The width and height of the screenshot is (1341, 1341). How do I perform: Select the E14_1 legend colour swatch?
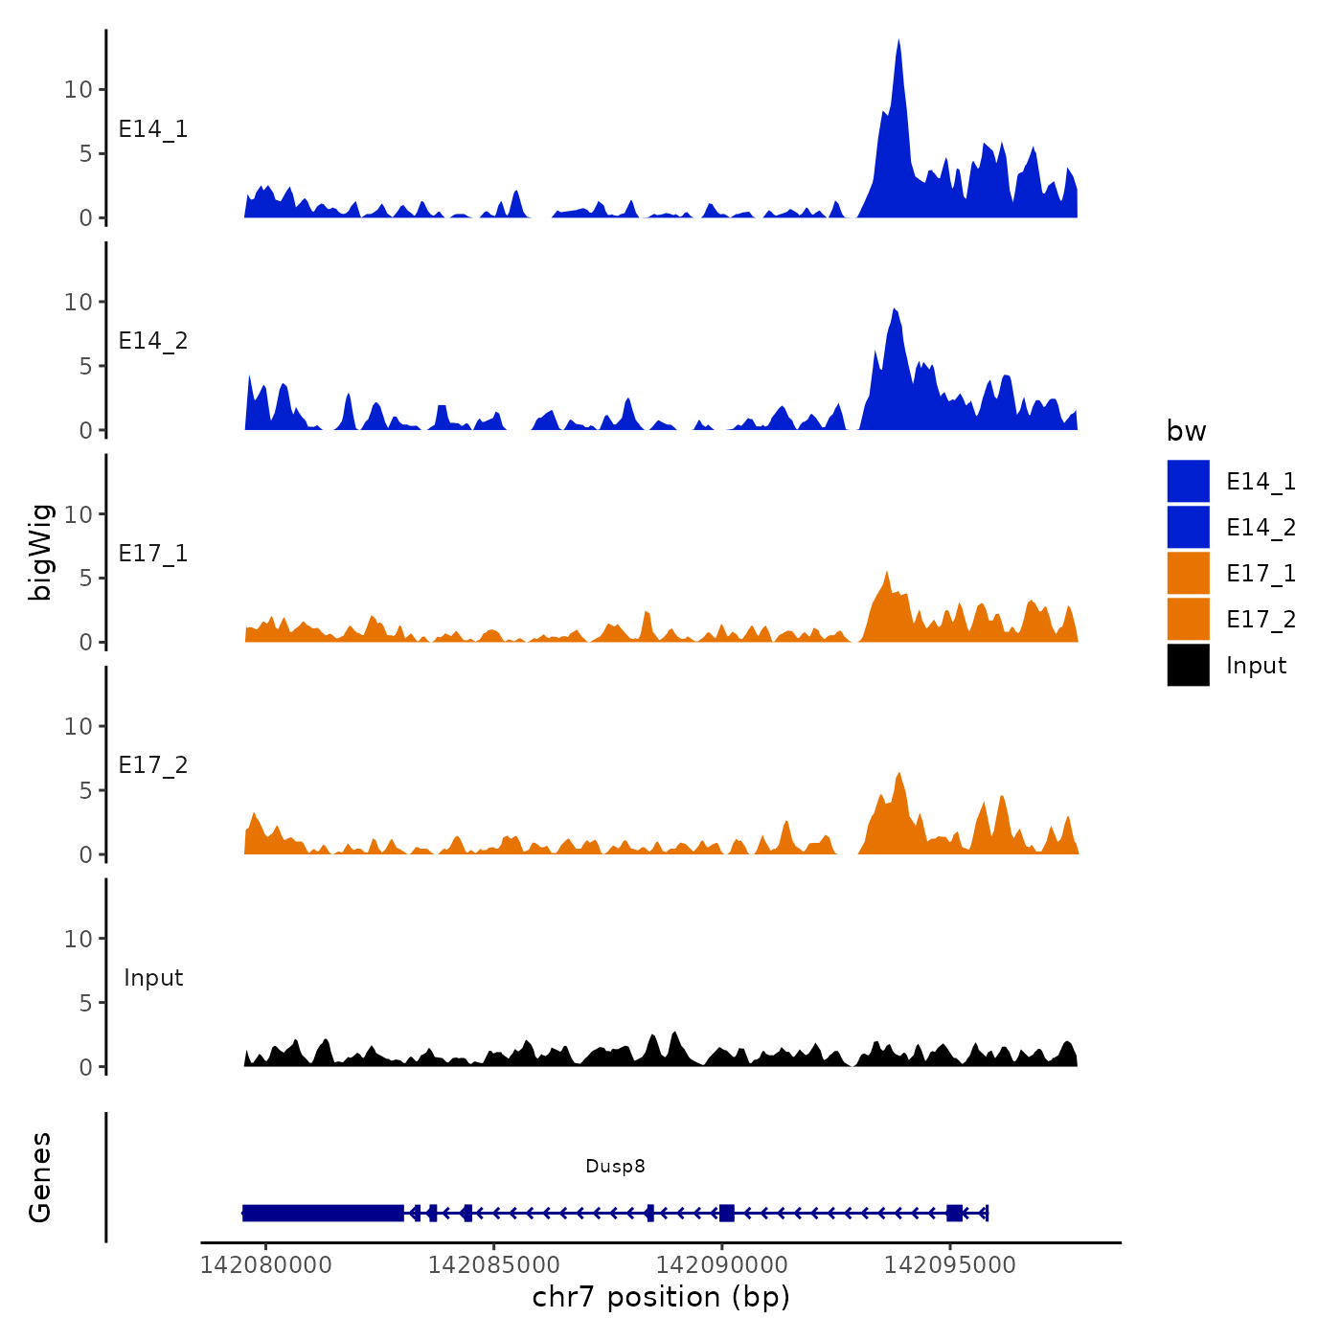(1188, 481)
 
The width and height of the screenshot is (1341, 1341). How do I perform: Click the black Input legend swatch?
(1188, 665)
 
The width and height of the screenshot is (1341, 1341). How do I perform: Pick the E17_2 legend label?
(1261, 620)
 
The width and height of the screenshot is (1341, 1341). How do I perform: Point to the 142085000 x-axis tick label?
(494, 1264)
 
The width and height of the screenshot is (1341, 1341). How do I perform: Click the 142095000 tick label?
(950, 1264)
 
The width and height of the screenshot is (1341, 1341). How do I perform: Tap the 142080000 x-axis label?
(266, 1264)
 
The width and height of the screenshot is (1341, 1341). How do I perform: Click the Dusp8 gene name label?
(615, 1166)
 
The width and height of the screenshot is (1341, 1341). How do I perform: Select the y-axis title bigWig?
(40, 552)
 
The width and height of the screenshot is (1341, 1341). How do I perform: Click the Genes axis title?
(40, 1177)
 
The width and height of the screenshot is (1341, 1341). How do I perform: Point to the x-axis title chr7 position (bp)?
(661, 1297)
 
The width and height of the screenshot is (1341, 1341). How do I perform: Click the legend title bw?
(1186, 431)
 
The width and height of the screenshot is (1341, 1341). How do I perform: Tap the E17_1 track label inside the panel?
(153, 554)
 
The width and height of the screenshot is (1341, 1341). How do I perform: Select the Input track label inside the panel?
(153, 978)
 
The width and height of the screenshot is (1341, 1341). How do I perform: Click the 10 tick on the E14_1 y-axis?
(78, 90)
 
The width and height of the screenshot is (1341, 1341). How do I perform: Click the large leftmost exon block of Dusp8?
(323, 1213)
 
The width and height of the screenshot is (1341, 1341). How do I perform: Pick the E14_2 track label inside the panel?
(153, 341)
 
